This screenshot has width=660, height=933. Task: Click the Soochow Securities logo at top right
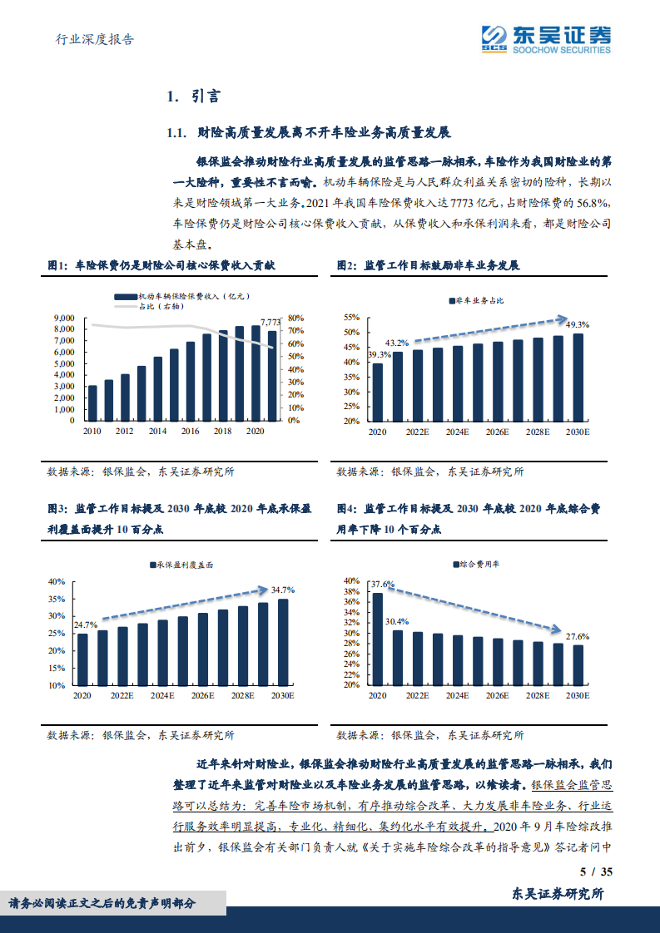(x=546, y=38)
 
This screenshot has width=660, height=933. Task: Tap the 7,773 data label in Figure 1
(x=270, y=321)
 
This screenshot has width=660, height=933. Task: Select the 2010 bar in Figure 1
(x=92, y=402)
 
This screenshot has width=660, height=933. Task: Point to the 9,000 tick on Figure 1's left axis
(x=64, y=318)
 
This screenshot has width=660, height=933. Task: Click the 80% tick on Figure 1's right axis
(x=295, y=318)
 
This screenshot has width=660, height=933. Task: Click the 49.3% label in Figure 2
(x=578, y=324)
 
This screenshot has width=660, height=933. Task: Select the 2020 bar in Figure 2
(x=378, y=392)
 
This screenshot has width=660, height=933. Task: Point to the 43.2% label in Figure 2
(x=397, y=343)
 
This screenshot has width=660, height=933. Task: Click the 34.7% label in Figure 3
(x=283, y=590)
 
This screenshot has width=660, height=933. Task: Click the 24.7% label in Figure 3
(x=86, y=624)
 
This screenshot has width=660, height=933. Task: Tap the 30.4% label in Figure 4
(x=397, y=621)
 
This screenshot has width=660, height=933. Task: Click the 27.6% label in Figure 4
(x=578, y=636)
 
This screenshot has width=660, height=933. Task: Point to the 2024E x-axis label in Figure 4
(x=456, y=695)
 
